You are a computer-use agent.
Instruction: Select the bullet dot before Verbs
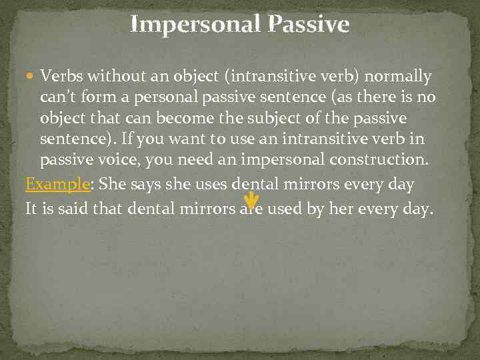pos(31,77)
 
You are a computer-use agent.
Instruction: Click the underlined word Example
pos(56,185)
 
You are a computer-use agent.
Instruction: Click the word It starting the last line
pos(31,209)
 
